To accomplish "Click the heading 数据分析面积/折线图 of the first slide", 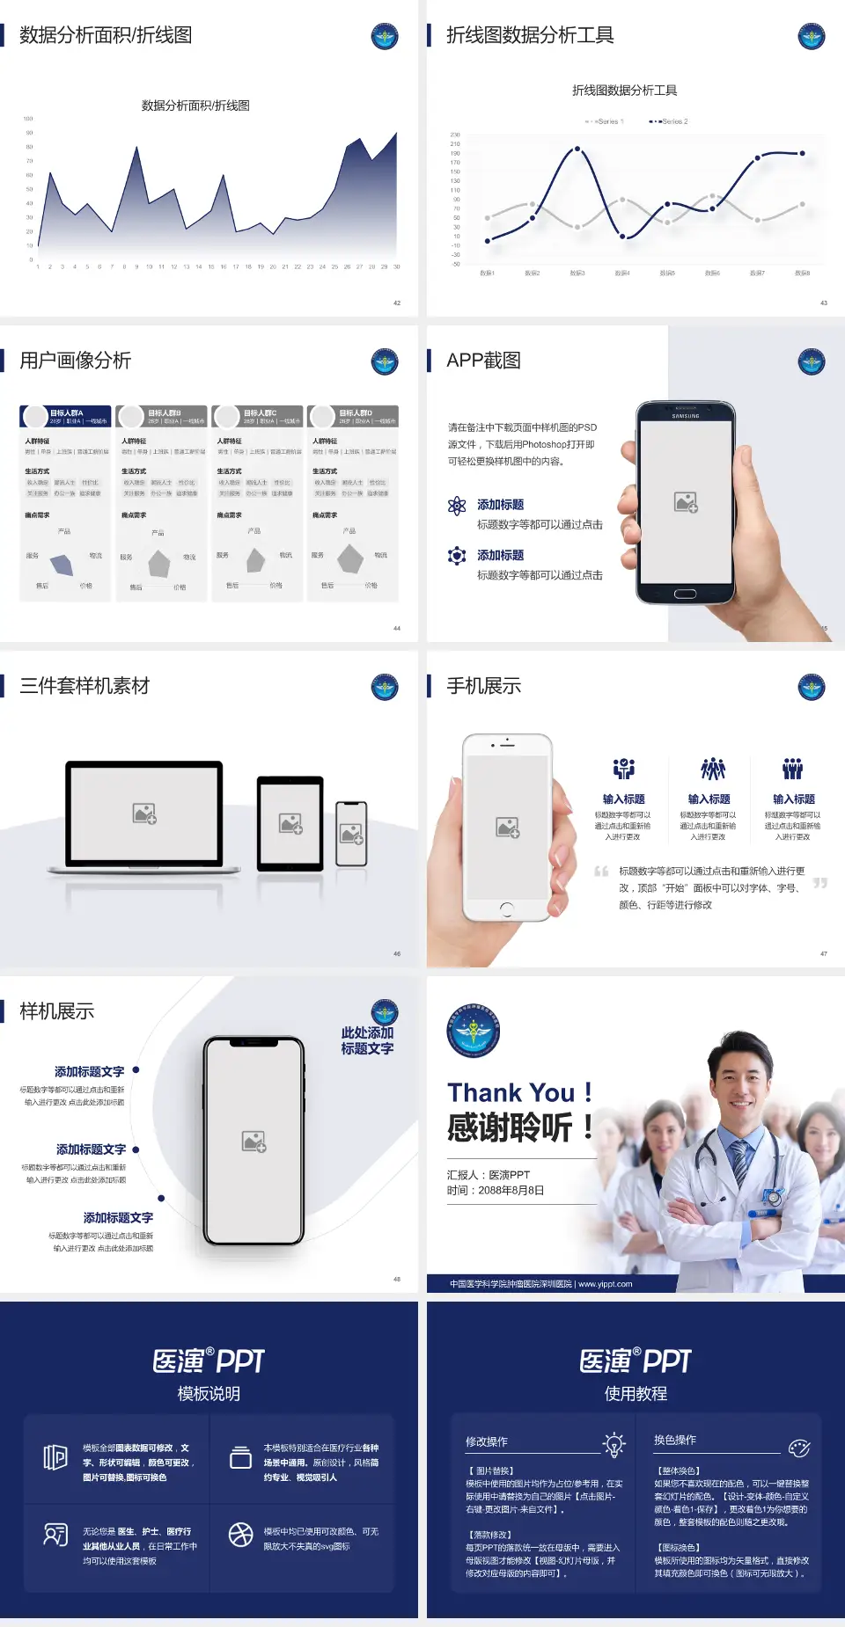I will point(106,35).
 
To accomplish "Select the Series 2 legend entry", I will point(670,121).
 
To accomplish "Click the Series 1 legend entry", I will point(605,121).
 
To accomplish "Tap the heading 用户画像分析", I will point(75,361).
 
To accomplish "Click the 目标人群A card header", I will point(66,416).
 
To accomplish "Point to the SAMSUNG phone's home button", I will point(685,594).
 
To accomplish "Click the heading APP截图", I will point(483,361).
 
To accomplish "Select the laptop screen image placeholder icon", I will point(144,813).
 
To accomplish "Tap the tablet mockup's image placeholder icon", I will point(290,823).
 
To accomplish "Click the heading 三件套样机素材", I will point(84,686).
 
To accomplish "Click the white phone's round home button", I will point(507,908).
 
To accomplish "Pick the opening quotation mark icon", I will point(601,872).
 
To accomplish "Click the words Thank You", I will point(511,1092).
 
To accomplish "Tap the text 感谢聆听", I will point(510,1127).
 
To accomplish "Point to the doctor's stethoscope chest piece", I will point(773,1197).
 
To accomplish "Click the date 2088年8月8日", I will point(511,1191).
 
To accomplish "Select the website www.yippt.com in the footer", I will point(605,1284).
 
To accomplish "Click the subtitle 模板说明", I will point(209,1394).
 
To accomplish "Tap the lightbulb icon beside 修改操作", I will point(614,1444).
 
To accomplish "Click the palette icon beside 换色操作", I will point(799,1448).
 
